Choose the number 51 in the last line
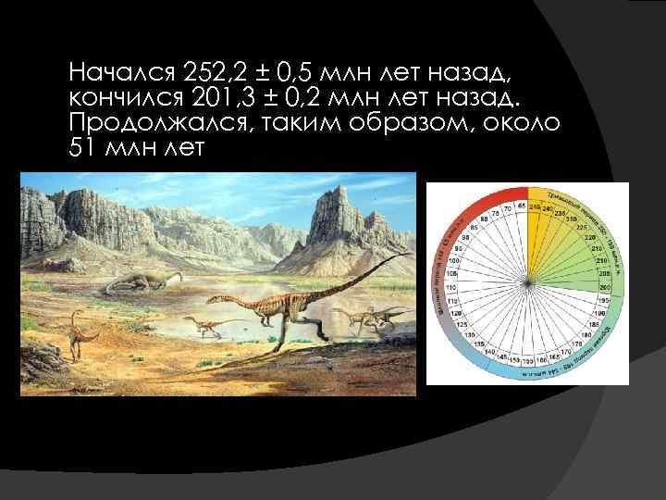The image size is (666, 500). [80, 148]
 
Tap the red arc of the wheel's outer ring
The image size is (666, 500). [481, 200]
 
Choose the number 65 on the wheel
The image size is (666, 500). [522, 205]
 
